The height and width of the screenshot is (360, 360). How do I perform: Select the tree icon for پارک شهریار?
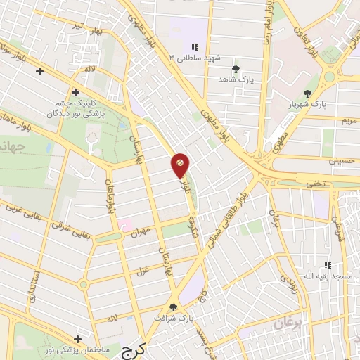click(307, 94)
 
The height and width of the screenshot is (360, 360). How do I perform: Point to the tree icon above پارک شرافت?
click(174, 307)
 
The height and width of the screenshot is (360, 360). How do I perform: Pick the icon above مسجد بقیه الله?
click(327, 265)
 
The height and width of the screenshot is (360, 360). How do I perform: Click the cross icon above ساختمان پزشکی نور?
click(77, 340)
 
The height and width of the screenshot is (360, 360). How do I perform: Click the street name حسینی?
click(342, 161)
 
